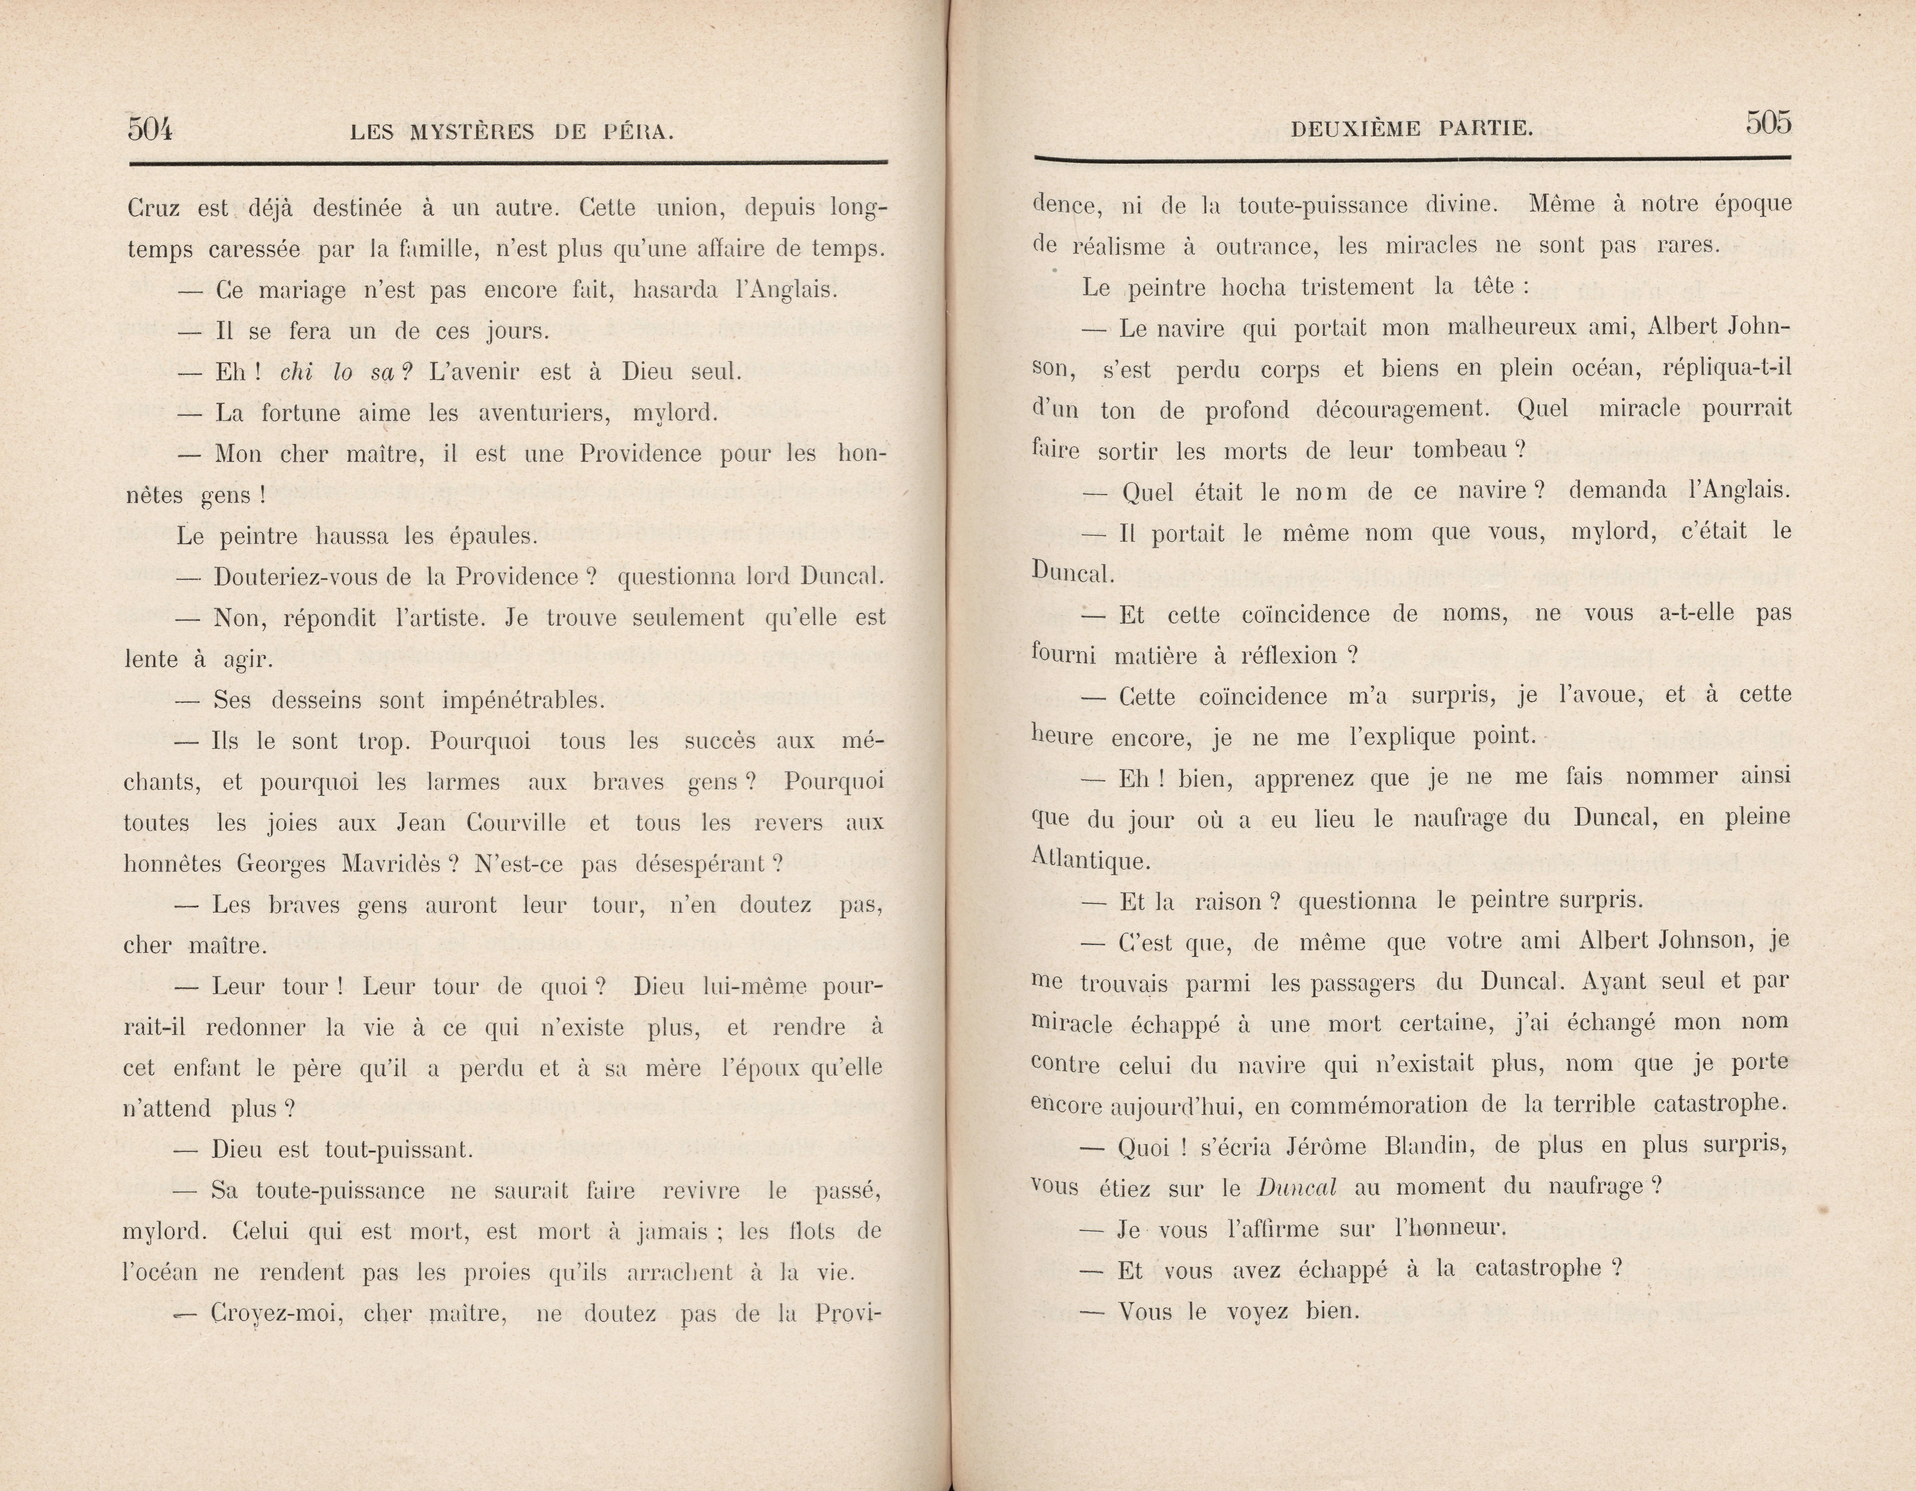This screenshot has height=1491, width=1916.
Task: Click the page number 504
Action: tap(150, 129)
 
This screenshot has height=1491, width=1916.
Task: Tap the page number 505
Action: tap(1768, 123)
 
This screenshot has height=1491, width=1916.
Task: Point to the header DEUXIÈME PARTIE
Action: tap(1412, 129)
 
